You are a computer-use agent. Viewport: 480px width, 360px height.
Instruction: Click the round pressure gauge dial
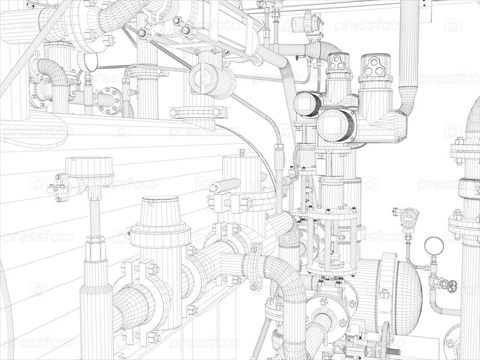(434, 246)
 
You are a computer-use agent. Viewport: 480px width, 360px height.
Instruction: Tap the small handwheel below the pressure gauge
(451, 285)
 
